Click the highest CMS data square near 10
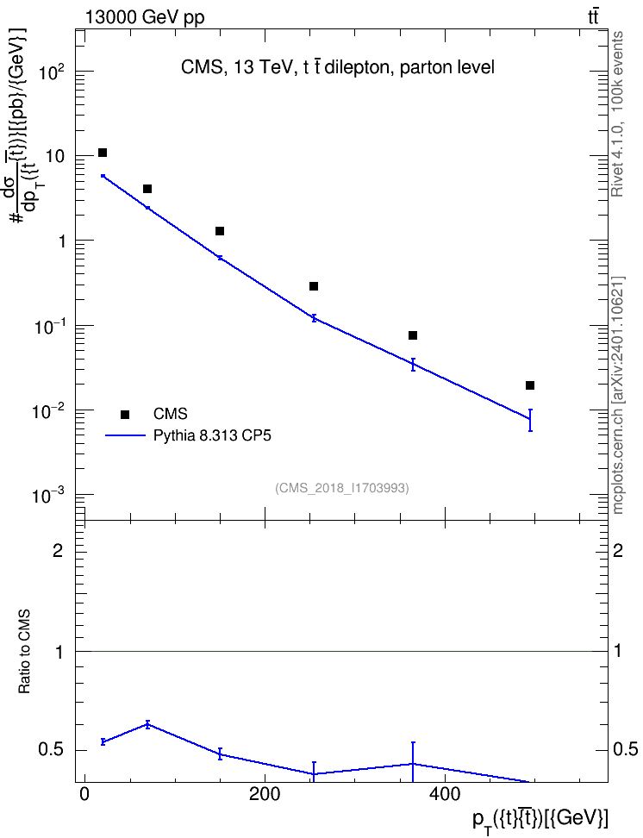[103, 153]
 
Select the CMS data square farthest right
[530, 385]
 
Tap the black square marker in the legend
[125, 414]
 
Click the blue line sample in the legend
[125, 436]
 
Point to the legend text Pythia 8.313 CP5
[212, 436]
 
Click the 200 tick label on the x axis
[265, 794]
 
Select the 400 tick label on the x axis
[445, 794]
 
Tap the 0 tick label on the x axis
[84, 794]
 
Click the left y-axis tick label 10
[54, 157]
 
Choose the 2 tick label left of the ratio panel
[59, 550]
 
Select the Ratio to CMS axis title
[24, 652]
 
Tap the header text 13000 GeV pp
[145, 18]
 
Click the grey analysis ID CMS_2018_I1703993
[342, 488]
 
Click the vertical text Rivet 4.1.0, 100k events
[618, 115]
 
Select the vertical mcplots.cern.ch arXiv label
[618, 395]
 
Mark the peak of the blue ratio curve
[147, 725]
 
